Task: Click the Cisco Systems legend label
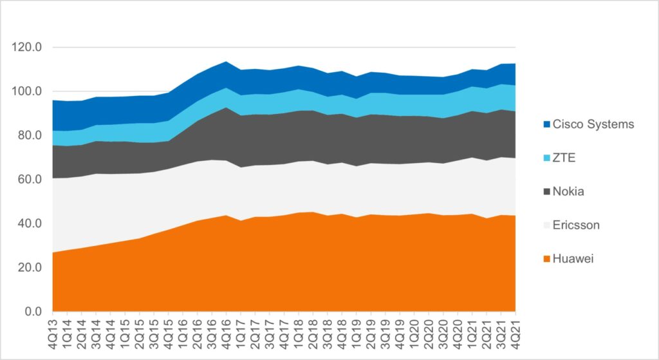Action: [x=593, y=124]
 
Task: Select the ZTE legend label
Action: [x=564, y=158]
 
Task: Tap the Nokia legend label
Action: [x=569, y=191]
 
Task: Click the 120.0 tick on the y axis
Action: [x=27, y=48]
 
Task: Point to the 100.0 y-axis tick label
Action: [x=27, y=91]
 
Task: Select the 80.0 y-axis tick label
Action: [x=30, y=135]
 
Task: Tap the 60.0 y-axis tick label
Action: [x=30, y=179]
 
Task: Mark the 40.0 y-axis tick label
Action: [x=30, y=223]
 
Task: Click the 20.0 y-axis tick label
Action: [x=30, y=267]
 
